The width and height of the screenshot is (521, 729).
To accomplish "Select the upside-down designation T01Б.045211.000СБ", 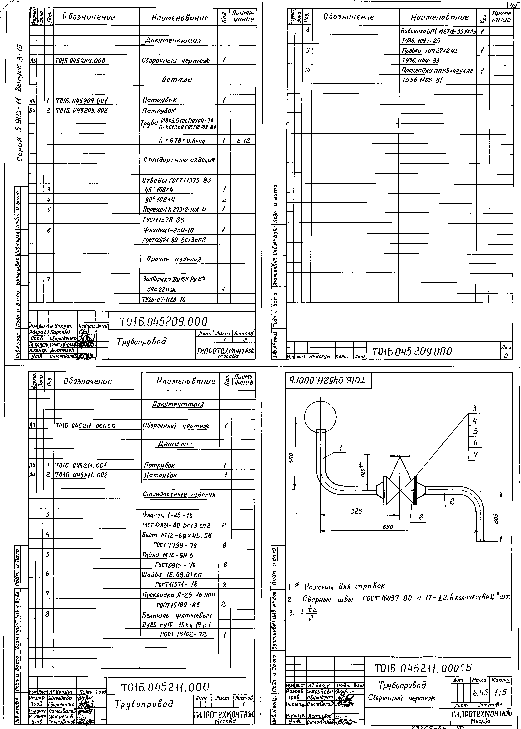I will tap(328, 381).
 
